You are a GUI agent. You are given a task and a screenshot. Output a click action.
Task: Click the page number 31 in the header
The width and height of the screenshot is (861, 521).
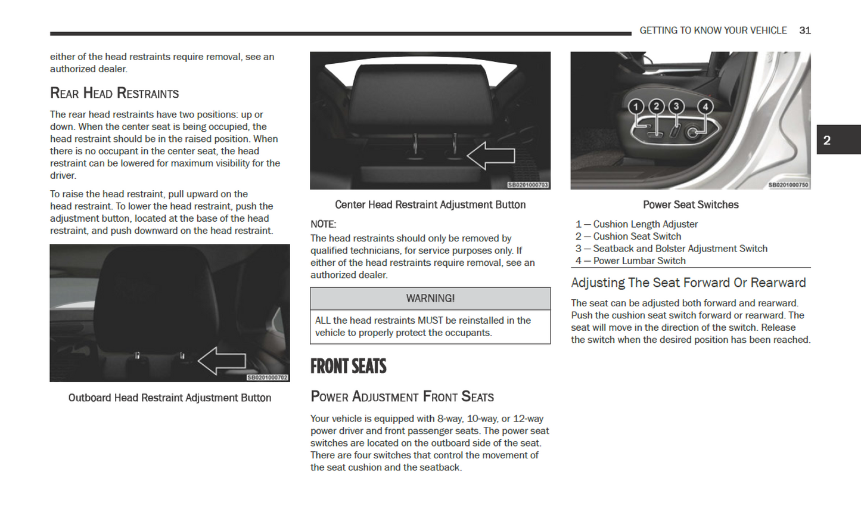[804, 30]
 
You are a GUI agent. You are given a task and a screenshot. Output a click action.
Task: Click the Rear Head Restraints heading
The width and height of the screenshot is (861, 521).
[114, 94]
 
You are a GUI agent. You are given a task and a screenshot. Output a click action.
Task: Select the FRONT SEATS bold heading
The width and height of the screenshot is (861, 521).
[348, 366]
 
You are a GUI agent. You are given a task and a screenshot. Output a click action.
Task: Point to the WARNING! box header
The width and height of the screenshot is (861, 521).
[430, 299]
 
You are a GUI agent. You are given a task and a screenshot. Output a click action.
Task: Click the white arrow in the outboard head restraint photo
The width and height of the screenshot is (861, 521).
[222, 361]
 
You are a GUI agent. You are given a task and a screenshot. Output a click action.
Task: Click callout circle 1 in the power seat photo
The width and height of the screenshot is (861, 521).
[636, 107]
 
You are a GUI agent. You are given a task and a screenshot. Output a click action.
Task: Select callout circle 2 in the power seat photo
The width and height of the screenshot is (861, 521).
[656, 106]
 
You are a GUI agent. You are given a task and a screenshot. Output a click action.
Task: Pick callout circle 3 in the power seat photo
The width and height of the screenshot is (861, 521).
[676, 106]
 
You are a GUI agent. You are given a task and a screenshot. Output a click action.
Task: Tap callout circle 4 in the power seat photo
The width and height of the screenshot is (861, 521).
[705, 107]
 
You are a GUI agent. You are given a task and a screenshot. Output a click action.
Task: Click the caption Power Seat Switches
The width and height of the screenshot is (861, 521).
[691, 205]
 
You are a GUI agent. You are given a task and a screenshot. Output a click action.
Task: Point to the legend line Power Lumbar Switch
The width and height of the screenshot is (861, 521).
[630, 261]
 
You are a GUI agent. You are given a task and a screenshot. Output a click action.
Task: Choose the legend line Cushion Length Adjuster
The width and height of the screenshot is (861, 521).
[636, 224]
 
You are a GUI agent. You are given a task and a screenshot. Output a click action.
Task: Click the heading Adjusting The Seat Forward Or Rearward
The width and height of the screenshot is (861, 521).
[688, 283]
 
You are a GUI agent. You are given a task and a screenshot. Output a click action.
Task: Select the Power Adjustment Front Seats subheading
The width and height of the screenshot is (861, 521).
[402, 397]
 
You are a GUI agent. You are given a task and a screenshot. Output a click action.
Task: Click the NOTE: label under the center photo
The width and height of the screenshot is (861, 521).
[323, 224]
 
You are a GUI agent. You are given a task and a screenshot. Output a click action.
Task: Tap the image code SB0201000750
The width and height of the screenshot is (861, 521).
[788, 185]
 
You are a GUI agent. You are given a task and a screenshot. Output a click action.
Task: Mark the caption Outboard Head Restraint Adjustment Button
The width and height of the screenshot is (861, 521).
[170, 398]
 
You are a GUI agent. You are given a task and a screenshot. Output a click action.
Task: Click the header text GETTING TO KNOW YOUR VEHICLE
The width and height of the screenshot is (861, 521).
[713, 30]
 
